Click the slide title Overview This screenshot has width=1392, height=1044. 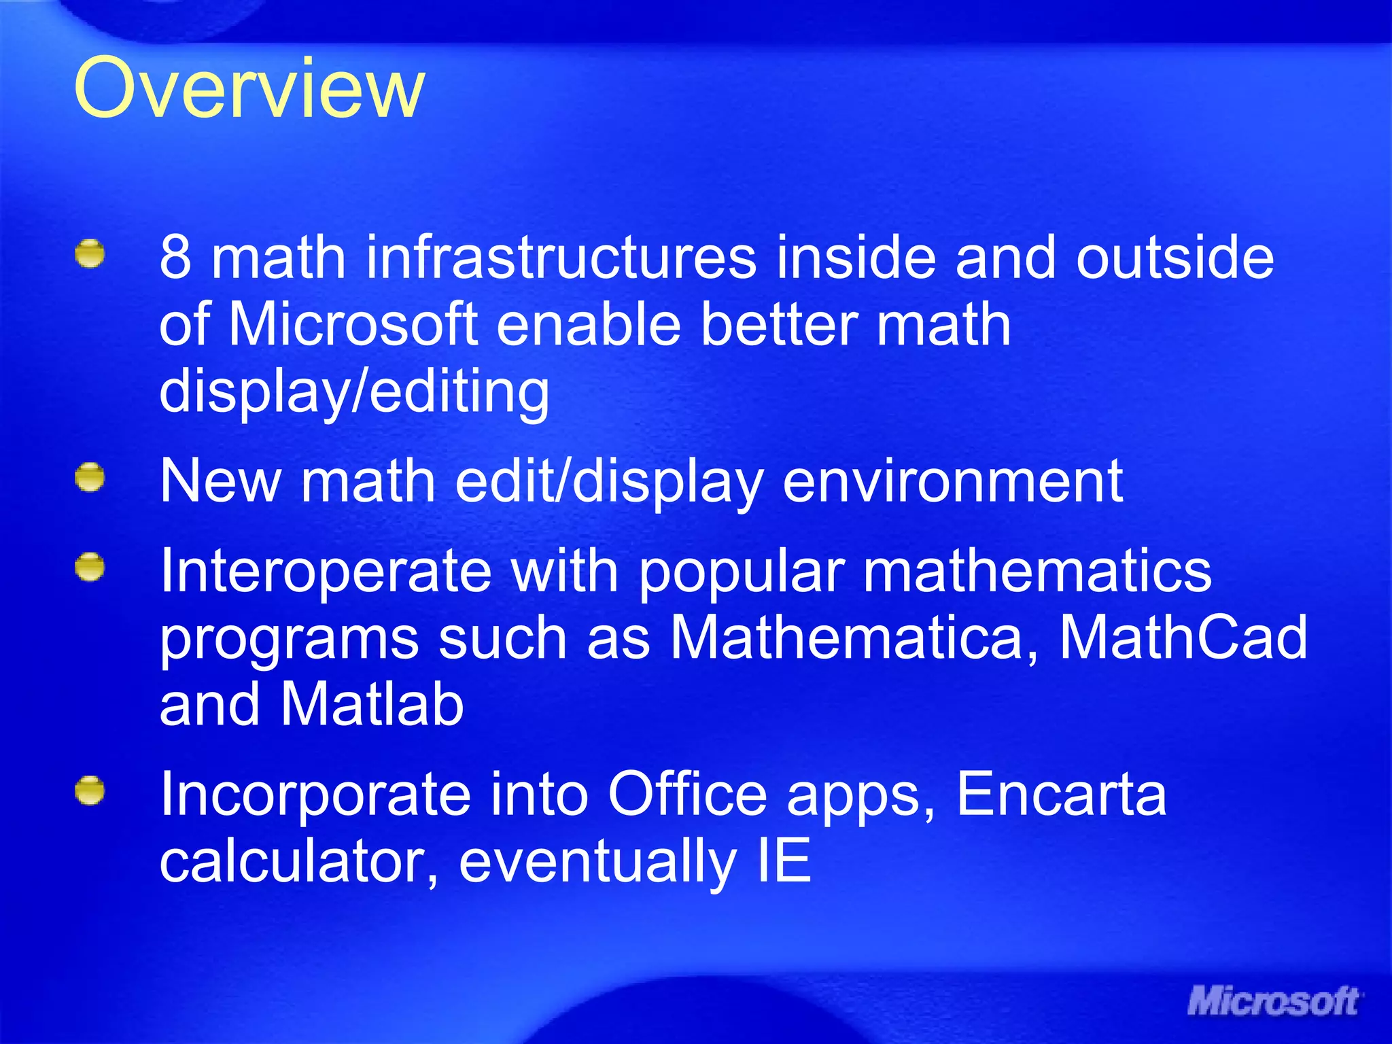coord(249,88)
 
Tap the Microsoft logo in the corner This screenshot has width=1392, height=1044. coord(1274,1001)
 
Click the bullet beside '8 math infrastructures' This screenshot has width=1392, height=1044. coord(90,254)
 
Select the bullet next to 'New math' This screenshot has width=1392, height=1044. coord(90,478)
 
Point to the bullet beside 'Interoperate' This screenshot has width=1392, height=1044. coord(90,568)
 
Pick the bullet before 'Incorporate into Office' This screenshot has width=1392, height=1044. coord(90,791)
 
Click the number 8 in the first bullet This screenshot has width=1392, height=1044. coord(175,258)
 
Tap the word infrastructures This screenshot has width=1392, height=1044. coord(561,258)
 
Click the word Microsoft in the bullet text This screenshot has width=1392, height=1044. coord(353,324)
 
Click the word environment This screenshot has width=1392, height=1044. coord(953,481)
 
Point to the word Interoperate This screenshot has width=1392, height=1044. coord(326,571)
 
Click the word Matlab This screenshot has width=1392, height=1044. coord(372,704)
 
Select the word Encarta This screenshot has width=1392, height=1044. coord(1062,794)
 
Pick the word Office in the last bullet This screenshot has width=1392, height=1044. coord(687,794)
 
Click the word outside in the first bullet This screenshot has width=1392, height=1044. coord(1174,258)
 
